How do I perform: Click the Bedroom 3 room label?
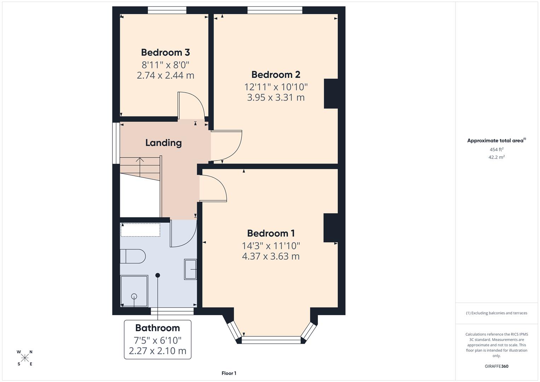point(166,52)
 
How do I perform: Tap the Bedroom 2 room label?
point(276,75)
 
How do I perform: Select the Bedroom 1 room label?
point(271,233)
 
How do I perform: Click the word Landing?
point(163,143)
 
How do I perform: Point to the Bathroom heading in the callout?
point(157,328)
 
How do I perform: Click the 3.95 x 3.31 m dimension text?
point(276,98)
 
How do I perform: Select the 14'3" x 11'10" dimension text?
point(271,245)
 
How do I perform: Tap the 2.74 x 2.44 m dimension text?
point(166,75)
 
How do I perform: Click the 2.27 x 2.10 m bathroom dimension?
point(157,351)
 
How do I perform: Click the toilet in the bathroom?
point(133,256)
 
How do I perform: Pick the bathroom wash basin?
point(190,270)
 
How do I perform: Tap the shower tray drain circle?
point(134,296)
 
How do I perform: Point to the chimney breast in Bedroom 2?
point(331,93)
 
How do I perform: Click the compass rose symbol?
point(25,358)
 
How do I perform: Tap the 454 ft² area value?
point(496,149)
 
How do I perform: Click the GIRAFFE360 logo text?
point(496,366)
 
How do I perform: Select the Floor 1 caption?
point(229,373)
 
